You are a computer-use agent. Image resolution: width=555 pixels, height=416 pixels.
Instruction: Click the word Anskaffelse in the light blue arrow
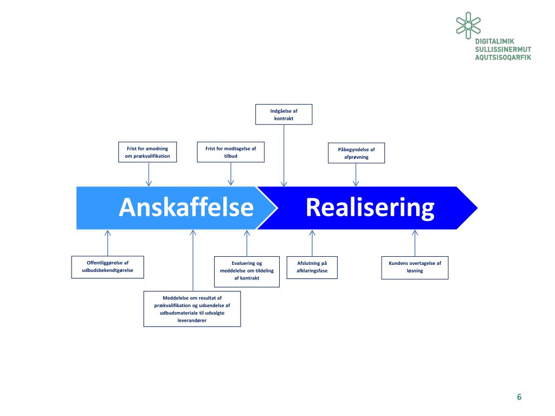coord(186,208)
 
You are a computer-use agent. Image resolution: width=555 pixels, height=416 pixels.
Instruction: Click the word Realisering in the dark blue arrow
coord(370,208)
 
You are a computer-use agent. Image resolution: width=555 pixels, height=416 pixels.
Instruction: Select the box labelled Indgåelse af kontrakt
coord(284,114)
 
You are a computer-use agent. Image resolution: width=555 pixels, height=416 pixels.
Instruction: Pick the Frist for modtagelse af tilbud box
coord(231,152)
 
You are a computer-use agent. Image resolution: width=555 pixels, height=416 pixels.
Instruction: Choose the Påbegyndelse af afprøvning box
coord(357,153)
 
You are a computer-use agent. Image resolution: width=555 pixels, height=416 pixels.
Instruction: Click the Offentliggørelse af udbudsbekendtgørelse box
coord(108,266)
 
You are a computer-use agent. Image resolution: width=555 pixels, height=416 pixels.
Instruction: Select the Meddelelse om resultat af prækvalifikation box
coord(192,309)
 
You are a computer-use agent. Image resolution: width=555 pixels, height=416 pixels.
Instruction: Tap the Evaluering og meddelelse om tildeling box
coord(247,271)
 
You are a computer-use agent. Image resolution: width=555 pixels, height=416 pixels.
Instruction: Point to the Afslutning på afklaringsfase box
coord(312,267)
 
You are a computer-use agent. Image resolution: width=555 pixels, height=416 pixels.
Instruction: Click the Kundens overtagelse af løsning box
coord(415,267)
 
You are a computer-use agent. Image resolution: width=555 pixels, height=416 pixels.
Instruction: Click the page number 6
coord(519,397)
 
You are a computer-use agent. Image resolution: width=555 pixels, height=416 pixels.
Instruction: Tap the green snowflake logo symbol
coord(468,25)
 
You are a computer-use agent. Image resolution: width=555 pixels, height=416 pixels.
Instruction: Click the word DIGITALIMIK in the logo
coord(494,42)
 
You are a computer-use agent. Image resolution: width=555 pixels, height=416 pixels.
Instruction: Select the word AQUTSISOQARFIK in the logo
coord(502,57)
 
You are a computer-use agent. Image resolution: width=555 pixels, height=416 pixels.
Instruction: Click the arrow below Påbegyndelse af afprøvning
coord(356,174)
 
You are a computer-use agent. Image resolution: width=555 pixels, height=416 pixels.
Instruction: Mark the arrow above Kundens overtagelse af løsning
coord(415,243)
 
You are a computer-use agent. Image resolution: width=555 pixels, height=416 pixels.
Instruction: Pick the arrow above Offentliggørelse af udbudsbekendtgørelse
coord(108,243)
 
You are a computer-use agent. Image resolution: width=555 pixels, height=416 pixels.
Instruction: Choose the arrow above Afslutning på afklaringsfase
coord(312,243)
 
